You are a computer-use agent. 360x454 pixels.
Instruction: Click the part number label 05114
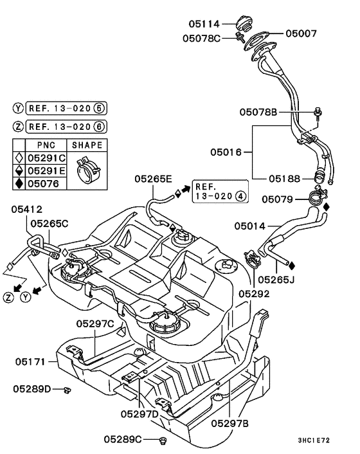205,24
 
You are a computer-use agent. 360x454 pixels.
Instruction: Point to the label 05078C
199,38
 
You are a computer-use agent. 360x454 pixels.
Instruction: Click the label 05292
255,293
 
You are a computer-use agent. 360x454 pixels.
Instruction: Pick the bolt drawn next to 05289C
161,440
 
